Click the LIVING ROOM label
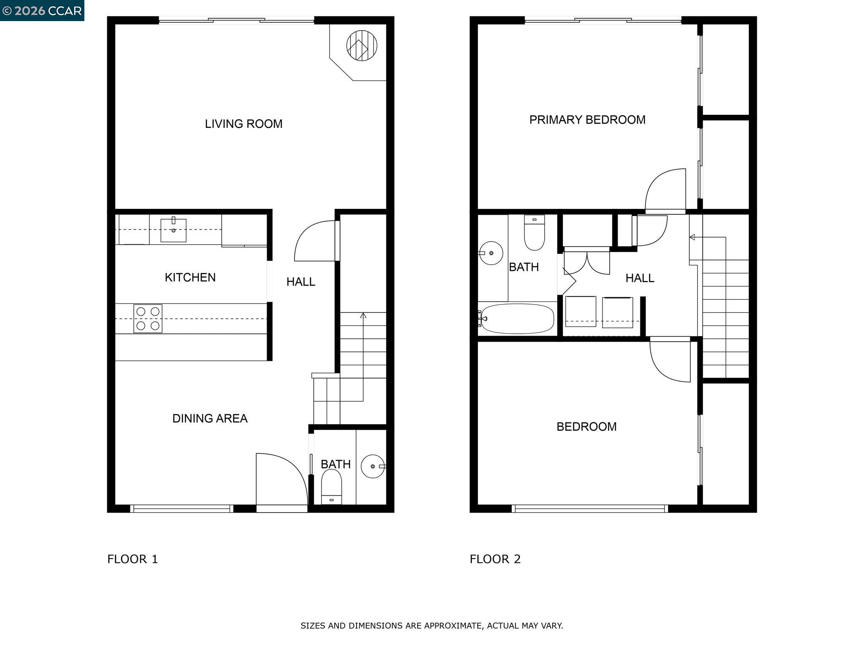point(243,124)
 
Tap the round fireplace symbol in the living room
point(362,45)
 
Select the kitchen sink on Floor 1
point(173,230)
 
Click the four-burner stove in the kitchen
point(148,319)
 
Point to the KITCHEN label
point(190,277)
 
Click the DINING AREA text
point(210,418)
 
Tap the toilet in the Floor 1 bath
point(332,485)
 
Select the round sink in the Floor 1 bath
point(373,466)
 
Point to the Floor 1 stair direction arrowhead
point(363,315)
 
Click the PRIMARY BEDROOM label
point(587,120)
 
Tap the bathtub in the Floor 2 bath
point(517,319)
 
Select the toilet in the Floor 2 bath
point(534,232)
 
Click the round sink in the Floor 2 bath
point(491,253)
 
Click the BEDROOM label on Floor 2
point(586,427)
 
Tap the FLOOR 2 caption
point(495,559)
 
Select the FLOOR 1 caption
point(132,559)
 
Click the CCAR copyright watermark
point(42,11)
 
